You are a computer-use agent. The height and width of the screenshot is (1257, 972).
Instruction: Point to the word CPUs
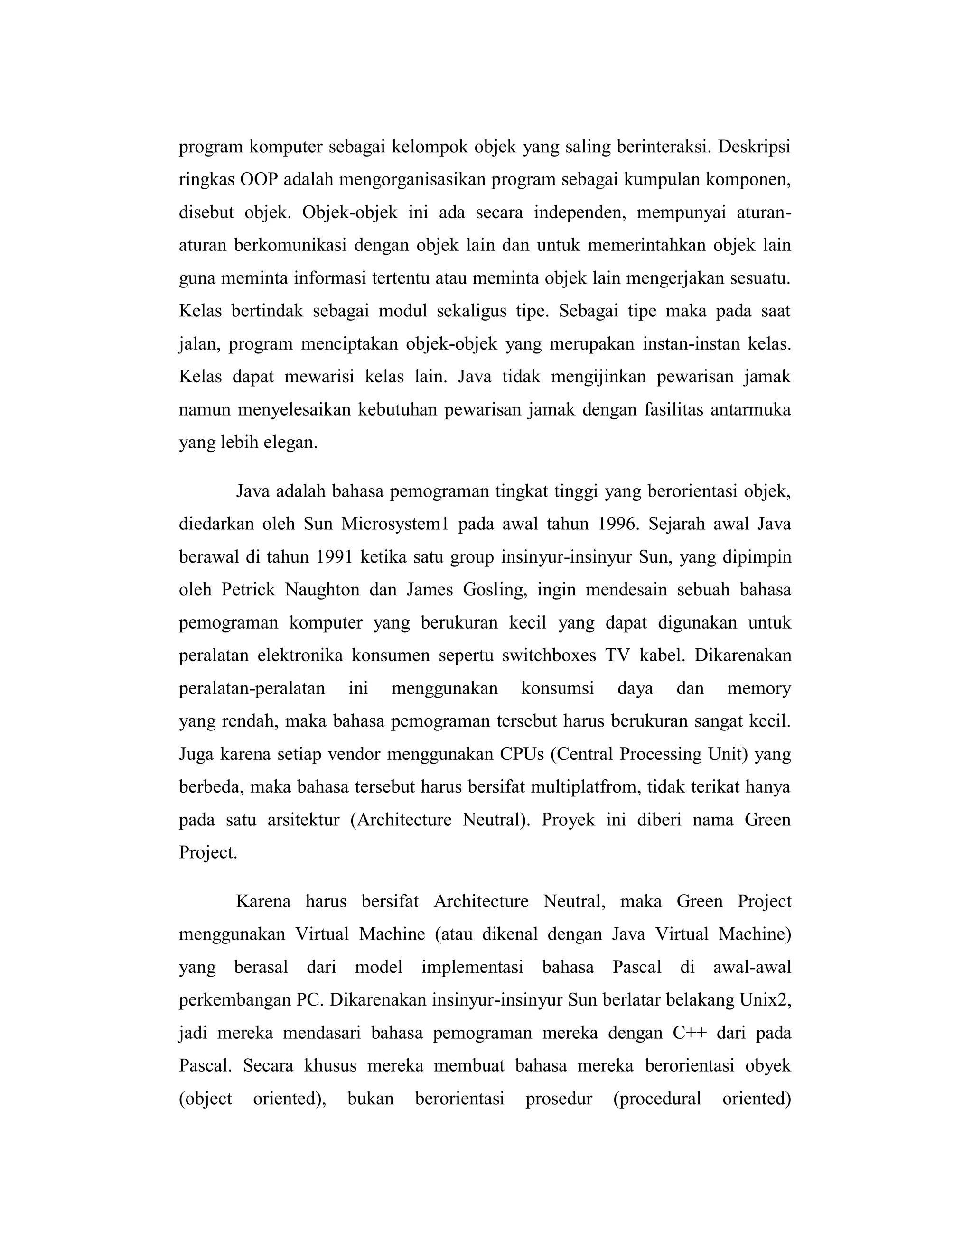point(522,754)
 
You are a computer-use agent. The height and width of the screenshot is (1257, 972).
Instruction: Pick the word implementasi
point(472,967)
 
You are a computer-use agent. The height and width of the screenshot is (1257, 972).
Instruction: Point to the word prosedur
point(559,1099)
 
